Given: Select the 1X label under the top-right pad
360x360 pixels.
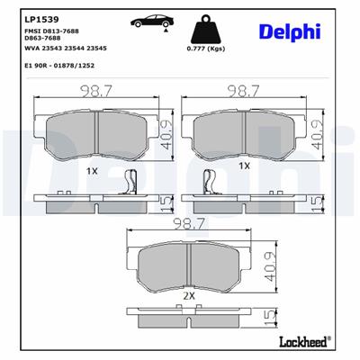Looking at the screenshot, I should tap(243, 166).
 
